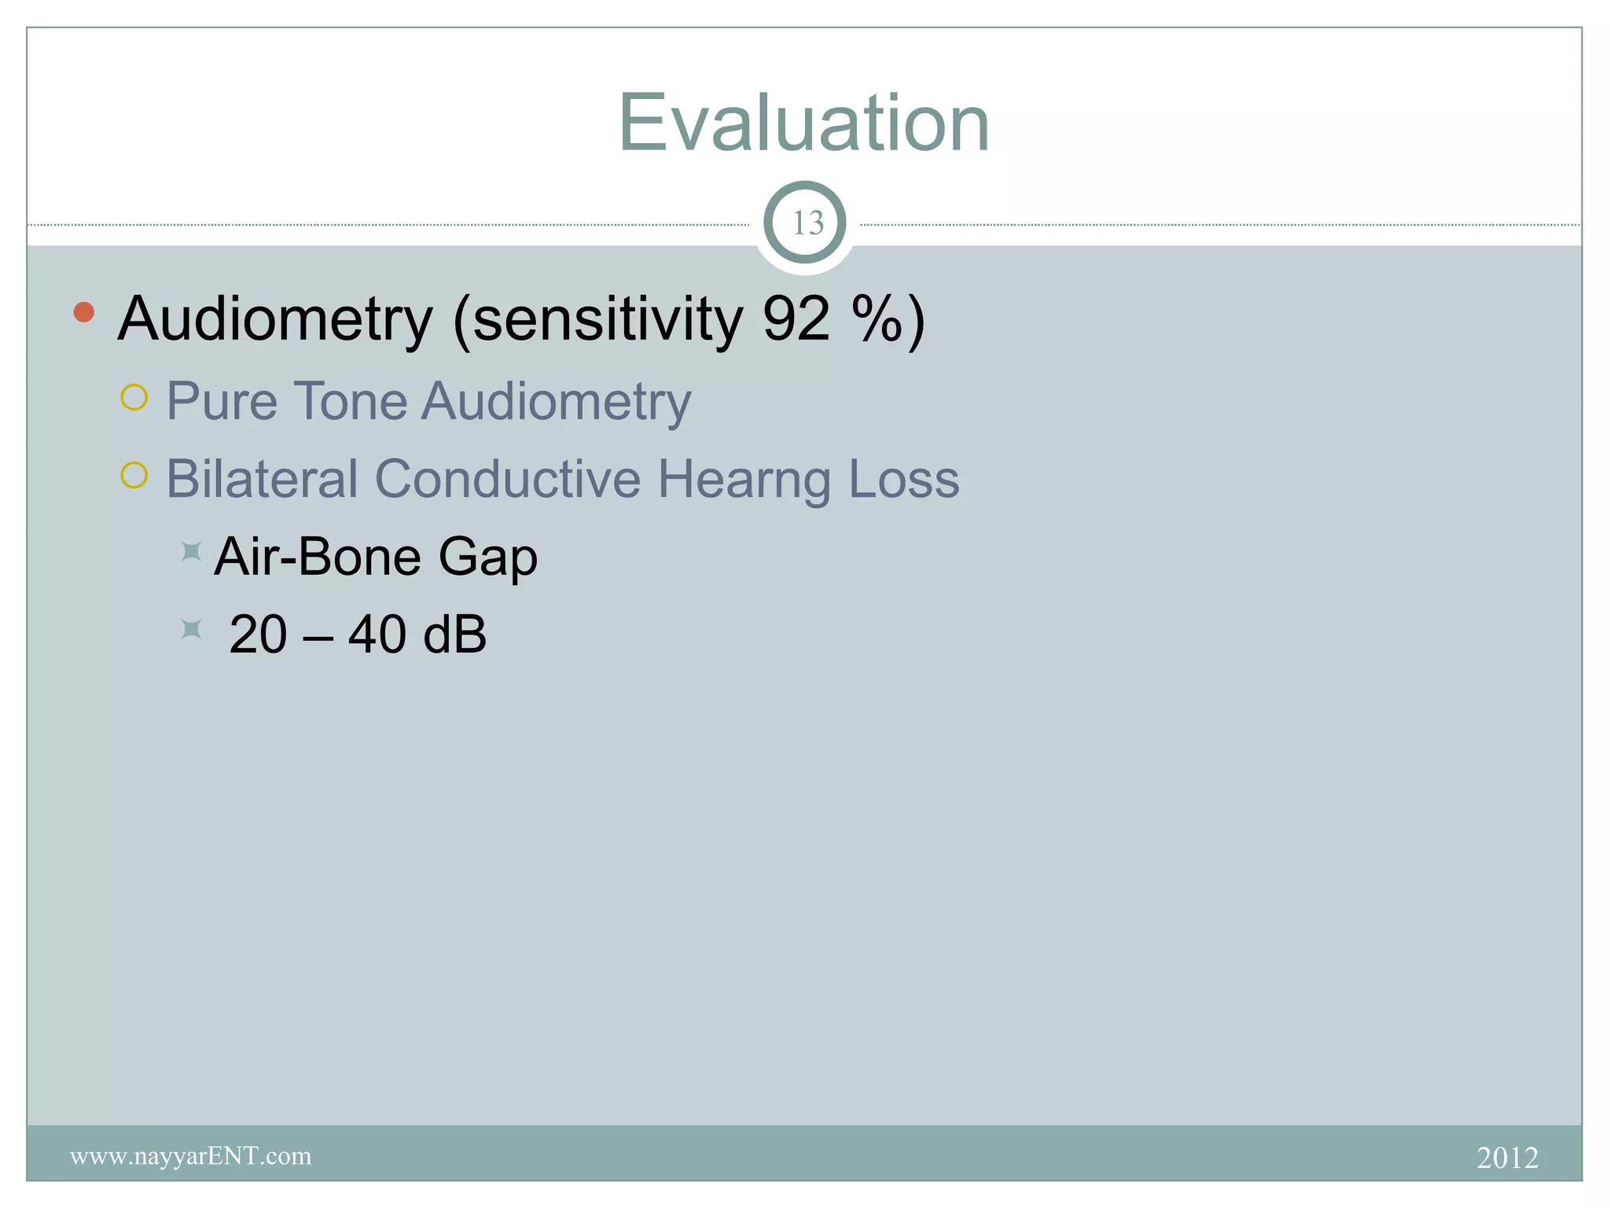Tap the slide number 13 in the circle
pyautogui.click(x=807, y=223)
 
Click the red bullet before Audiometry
pyautogui.click(x=84, y=312)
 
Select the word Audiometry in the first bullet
pyautogui.click(x=275, y=319)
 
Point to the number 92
pyautogui.click(x=796, y=319)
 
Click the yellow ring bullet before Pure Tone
pyautogui.click(x=134, y=398)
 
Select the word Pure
pyautogui.click(x=222, y=401)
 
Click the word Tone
pyautogui.click(x=350, y=401)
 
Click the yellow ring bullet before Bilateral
pyautogui.click(x=134, y=475)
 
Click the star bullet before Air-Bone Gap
pyautogui.click(x=191, y=551)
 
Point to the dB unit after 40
pyautogui.click(x=454, y=634)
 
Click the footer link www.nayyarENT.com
pyautogui.click(x=191, y=1156)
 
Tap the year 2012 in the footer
pyautogui.click(x=1507, y=1158)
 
